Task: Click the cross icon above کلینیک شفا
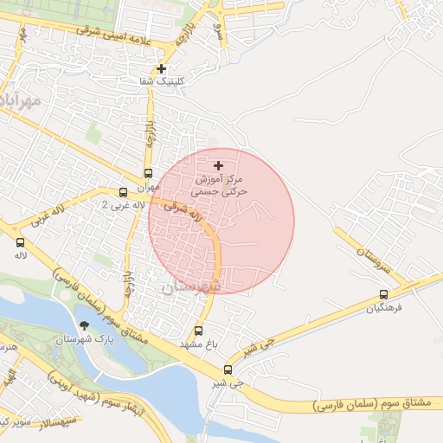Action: point(162,68)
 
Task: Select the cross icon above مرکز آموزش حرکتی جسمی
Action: point(218,164)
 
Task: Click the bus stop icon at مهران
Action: point(148,173)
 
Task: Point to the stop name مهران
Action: point(148,186)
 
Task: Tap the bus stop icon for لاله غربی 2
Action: point(123,192)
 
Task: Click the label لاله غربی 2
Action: point(118,206)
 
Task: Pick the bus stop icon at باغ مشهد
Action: point(199,331)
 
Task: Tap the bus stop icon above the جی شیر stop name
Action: point(228,369)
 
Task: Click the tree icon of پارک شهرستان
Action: point(84,326)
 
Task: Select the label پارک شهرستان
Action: point(84,341)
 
